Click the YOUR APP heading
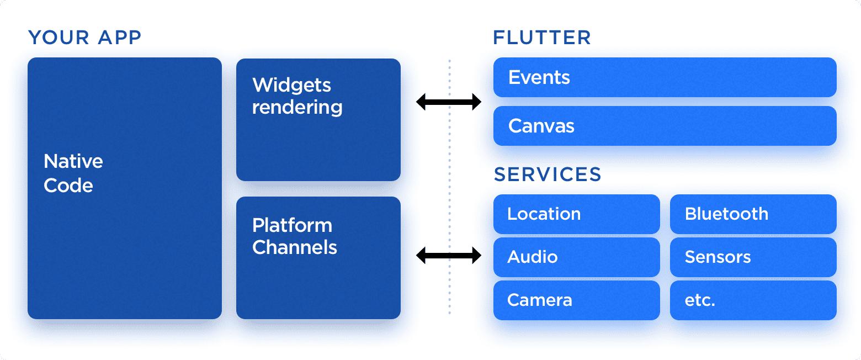84,38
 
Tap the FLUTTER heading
541,38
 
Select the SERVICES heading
547,174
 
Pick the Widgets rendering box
318,120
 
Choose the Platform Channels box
318,257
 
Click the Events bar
665,77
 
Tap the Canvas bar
665,126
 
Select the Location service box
576,214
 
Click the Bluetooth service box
753,214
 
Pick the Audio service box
576,257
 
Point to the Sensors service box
753,257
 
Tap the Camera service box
576,300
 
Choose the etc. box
753,300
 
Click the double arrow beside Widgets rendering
448,102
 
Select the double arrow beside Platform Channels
448,255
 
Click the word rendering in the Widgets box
297,107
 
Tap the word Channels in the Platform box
294,247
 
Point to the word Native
73,161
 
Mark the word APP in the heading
120,38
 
